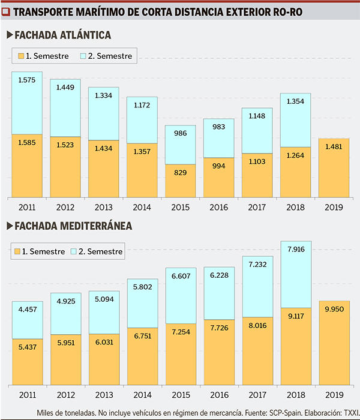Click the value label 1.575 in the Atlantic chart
pyautogui.click(x=27, y=80)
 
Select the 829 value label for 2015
pyautogui.click(x=180, y=173)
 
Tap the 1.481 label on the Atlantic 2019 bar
pyautogui.click(x=333, y=146)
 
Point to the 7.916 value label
pyautogui.click(x=295, y=249)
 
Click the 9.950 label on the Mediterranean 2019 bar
pyautogui.click(x=333, y=308)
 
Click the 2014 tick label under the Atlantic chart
pyautogui.click(x=142, y=207)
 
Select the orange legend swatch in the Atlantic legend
pyautogui.click(x=22, y=56)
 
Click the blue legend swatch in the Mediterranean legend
pyautogui.click(x=74, y=251)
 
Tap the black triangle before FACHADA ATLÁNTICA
pyautogui.click(x=9, y=35)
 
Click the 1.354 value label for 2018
pyautogui.click(x=295, y=101)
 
